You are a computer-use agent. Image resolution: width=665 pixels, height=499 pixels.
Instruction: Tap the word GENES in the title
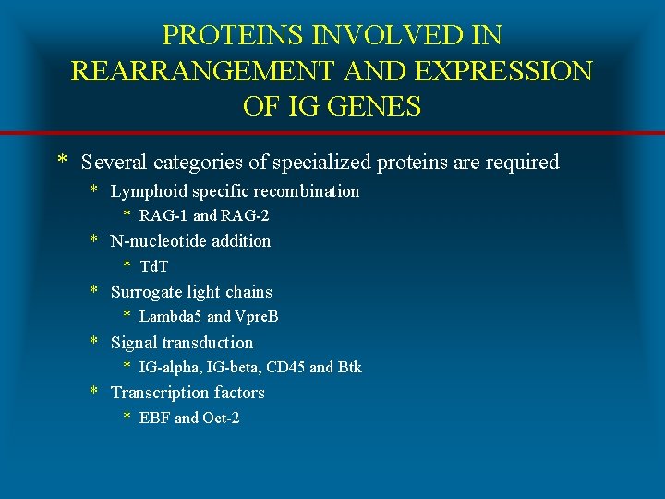[x=373, y=106]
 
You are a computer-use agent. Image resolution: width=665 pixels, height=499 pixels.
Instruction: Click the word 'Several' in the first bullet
[x=115, y=163]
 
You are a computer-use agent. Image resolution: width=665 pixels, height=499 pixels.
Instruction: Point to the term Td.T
[x=154, y=266]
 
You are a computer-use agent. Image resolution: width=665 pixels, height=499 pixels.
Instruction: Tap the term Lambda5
[x=171, y=317]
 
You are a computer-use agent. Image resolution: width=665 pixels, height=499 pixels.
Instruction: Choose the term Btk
[x=350, y=367]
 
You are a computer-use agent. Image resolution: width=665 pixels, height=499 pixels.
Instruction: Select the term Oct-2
[x=222, y=418]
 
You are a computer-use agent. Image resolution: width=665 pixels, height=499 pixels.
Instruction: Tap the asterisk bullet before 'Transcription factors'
[x=93, y=394]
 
